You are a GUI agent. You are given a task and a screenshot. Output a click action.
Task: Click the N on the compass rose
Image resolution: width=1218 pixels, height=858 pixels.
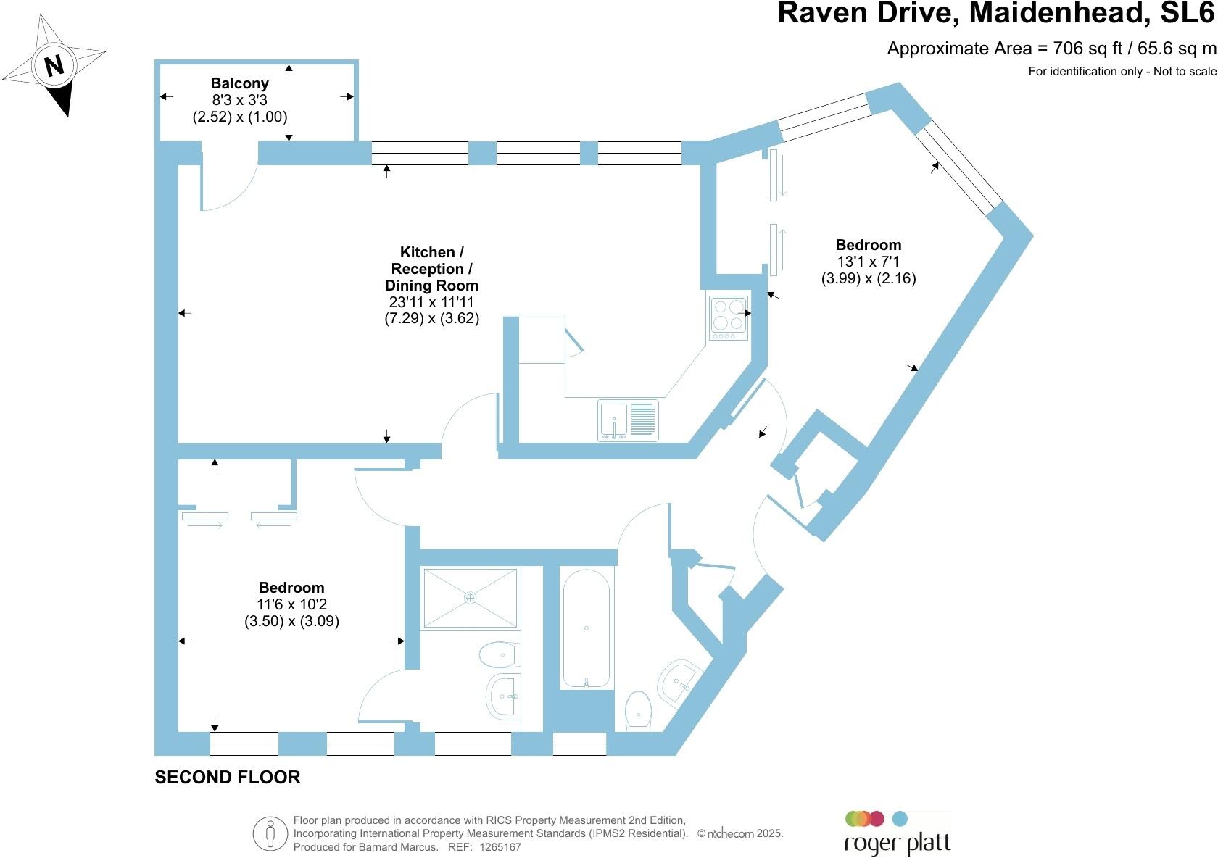click(54, 66)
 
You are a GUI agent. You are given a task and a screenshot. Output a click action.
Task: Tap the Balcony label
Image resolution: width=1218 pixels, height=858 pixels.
click(240, 83)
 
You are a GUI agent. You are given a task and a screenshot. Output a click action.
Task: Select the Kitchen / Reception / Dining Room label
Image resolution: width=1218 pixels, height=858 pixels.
click(432, 268)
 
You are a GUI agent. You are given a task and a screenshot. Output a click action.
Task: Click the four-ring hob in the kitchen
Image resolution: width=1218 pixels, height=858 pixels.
click(728, 318)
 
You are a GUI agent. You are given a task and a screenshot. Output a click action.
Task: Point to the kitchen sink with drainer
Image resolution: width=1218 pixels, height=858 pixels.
click(628, 420)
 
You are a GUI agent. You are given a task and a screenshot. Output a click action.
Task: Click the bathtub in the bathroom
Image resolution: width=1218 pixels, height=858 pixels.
click(586, 628)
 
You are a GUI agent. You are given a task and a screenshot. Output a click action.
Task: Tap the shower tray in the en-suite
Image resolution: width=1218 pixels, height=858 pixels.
click(471, 598)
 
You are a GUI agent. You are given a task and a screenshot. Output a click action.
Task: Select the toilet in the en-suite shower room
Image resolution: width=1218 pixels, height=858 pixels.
click(498, 654)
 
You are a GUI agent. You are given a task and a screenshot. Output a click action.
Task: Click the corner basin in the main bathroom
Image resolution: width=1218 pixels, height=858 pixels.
click(677, 683)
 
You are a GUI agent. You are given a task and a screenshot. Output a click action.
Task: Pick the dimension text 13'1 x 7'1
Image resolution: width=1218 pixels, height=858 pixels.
click(869, 262)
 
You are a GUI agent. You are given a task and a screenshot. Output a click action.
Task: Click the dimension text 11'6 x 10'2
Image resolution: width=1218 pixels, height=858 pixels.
click(291, 604)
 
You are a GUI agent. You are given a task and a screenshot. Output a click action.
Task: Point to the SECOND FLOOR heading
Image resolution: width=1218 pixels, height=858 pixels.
click(228, 777)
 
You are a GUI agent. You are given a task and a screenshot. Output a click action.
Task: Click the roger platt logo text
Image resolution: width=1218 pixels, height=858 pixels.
click(898, 844)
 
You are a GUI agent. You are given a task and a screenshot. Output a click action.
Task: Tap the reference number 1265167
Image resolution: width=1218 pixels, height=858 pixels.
click(500, 846)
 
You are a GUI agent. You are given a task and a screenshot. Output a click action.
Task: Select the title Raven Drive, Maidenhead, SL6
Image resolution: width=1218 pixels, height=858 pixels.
click(997, 13)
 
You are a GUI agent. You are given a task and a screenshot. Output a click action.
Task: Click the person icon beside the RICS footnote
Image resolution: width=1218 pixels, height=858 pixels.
click(270, 833)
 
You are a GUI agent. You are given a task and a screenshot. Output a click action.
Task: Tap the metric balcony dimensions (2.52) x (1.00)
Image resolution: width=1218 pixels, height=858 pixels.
click(240, 117)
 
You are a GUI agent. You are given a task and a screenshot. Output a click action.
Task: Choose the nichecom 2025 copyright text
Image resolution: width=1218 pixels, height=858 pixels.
click(740, 833)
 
